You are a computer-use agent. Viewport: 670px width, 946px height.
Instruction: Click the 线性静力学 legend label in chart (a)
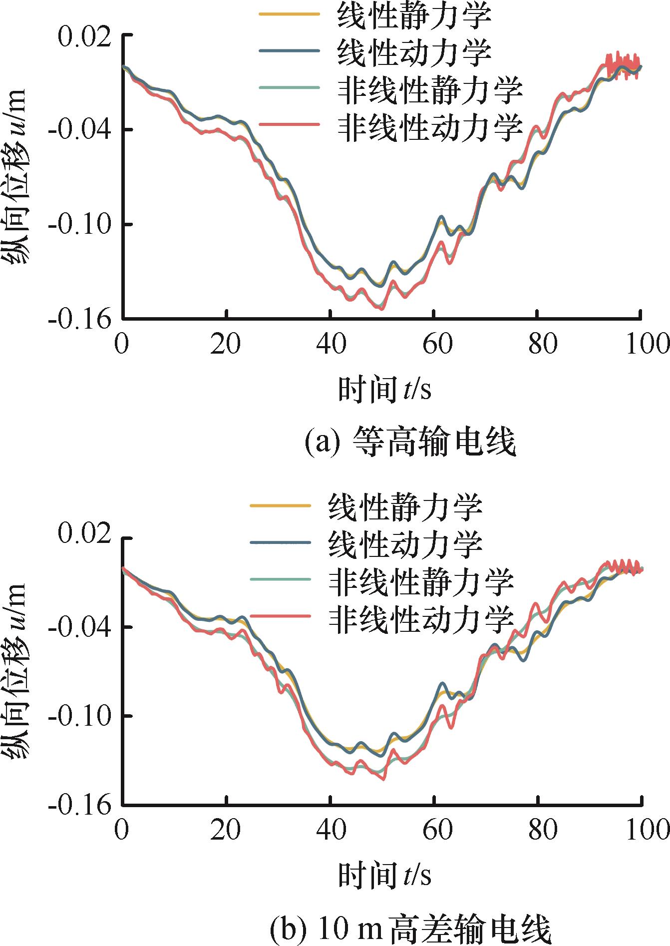click(x=414, y=15)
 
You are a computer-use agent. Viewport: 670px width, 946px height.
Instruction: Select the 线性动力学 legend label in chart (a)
click(x=414, y=52)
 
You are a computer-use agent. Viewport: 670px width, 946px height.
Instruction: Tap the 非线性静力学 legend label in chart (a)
click(x=430, y=90)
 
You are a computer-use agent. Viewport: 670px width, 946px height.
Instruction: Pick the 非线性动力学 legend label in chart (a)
click(x=430, y=127)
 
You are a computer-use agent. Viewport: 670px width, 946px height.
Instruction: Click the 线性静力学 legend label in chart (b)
click(x=405, y=506)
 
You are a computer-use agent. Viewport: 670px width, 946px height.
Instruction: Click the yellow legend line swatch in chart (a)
click(x=289, y=14)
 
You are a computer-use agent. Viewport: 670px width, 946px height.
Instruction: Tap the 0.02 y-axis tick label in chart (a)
click(x=84, y=36)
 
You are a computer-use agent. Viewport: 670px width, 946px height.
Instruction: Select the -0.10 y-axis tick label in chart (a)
click(x=80, y=225)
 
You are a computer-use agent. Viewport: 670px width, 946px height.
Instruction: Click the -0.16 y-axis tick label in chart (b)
click(x=80, y=805)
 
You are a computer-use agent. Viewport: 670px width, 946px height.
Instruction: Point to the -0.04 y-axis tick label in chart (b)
click(x=80, y=627)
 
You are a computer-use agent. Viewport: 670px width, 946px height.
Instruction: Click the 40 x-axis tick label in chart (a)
click(x=331, y=344)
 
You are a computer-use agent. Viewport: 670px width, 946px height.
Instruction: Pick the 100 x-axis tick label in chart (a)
click(x=647, y=344)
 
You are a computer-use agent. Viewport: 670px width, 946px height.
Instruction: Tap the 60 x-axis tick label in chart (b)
click(x=437, y=830)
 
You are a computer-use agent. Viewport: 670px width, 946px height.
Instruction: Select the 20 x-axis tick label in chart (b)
click(x=226, y=830)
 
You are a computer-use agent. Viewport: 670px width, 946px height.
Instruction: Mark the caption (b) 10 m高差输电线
click(x=410, y=928)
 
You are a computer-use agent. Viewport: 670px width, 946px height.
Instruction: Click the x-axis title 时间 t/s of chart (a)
click(x=384, y=389)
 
